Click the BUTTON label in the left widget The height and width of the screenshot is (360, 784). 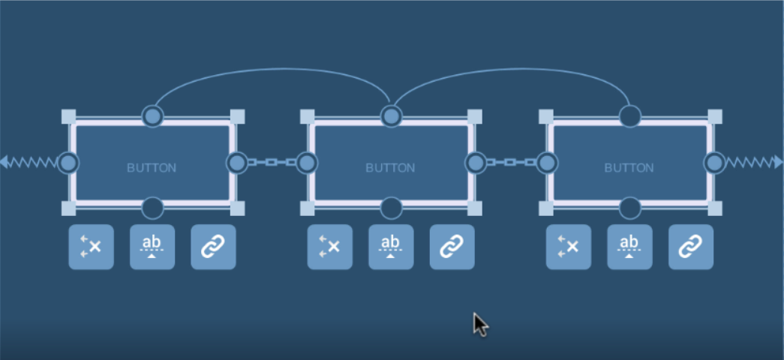152,167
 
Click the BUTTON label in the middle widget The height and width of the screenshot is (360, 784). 390,167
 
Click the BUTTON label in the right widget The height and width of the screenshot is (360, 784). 629,167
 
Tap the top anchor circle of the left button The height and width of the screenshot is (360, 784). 153,116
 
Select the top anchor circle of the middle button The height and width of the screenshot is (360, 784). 391,116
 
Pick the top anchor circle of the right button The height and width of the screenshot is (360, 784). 630,116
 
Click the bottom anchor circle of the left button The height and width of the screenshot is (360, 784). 153,208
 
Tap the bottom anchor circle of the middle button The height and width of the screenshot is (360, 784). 391,208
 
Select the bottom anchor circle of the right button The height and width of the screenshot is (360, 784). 630,208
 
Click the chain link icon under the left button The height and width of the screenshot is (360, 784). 213,247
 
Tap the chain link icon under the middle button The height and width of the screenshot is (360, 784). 452,247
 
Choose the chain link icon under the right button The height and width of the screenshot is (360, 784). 690,247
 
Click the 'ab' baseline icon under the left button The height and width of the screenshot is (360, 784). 152,247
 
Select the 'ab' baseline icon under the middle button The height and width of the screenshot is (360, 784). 391,247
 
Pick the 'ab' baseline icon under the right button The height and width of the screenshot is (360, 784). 629,247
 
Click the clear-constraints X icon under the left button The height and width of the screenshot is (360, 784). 92,247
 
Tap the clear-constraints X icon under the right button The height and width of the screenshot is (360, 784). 569,247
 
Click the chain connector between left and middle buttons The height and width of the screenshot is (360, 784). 272,162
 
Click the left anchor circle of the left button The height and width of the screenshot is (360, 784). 68,162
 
